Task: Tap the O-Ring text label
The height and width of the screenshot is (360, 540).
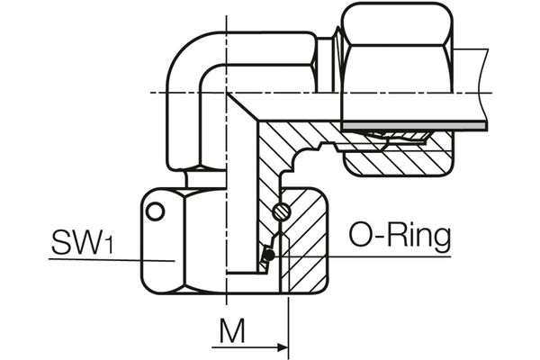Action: pos(399,238)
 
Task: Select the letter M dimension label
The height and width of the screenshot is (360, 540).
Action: pos(232,334)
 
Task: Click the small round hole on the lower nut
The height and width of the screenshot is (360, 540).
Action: pos(156,211)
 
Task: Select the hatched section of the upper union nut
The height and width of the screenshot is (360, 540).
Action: pos(396,162)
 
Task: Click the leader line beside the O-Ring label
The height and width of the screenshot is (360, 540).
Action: pos(360,256)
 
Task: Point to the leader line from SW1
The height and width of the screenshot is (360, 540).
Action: pos(108,259)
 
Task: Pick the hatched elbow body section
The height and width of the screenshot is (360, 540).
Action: pos(270,153)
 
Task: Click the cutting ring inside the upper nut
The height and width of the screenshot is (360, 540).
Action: pos(396,137)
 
